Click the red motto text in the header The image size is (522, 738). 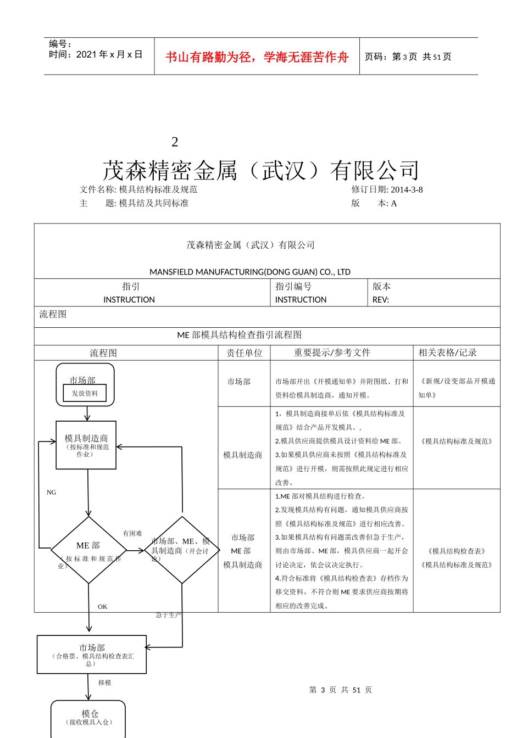pyautogui.click(x=257, y=57)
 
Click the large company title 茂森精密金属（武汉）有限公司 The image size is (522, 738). pyautogui.click(x=261, y=171)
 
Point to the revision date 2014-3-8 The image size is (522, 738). pyautogui.click(x=407, y=190)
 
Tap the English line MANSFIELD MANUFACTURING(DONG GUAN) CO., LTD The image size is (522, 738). pyautogui.click(x=250, y=272)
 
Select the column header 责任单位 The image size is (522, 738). pyautogui.click(x=245, y=353)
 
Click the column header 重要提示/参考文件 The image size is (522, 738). pyautogui.click(x=332, y=353)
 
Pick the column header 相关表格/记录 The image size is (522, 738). pyautogui.click(x=447, y=353)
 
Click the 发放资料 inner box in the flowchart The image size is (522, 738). pyautogui.click(x=85, y=394)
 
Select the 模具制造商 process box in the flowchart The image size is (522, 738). pyautogui.click(x=86, y=445)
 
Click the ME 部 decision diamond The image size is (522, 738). pyautogui.click(x=88, y=550)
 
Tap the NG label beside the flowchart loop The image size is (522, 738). pyautogui.click(x=52, y=493)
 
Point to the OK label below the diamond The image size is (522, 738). pyautogui.click(x=103, y=607)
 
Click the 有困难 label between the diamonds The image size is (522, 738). pyautogui.click(x=132, y=533)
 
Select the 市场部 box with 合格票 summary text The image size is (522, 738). pyautogui.click(x=92, y=654)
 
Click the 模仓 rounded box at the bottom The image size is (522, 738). pyautogui.click(x=89, y=717)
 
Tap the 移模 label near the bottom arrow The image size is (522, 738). pyautogui.click(x=105, y=683)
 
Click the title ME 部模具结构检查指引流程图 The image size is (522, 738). pyautogui.click(x=240, y=335)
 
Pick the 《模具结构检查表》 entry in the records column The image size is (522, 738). pyautogui.click(x=457, y=551)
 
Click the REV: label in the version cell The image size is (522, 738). pyautogui.click(x=381, y=300)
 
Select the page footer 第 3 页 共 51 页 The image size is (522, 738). pyautogui.click(x=341, y=690)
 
